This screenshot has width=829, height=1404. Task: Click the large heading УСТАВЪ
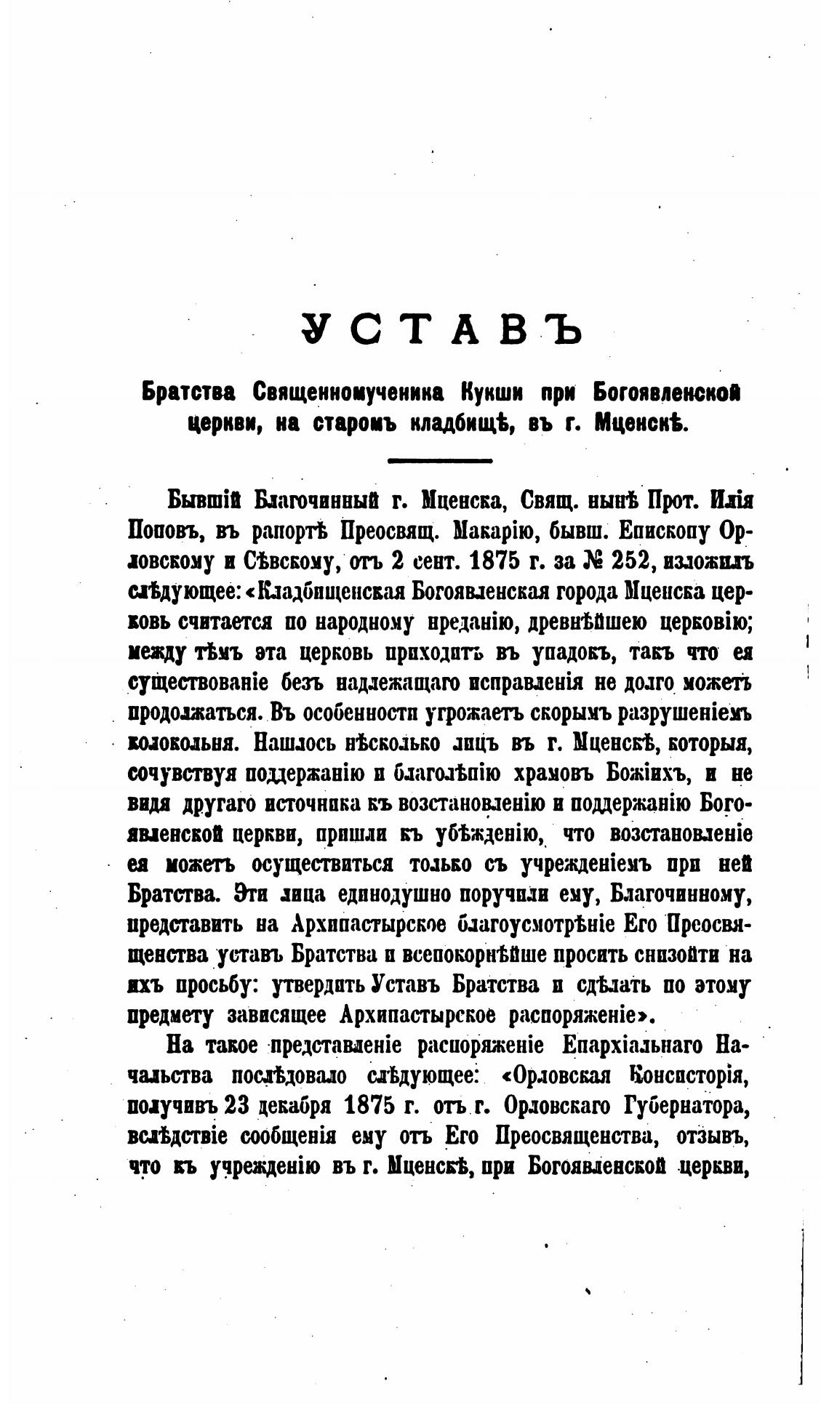441,331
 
